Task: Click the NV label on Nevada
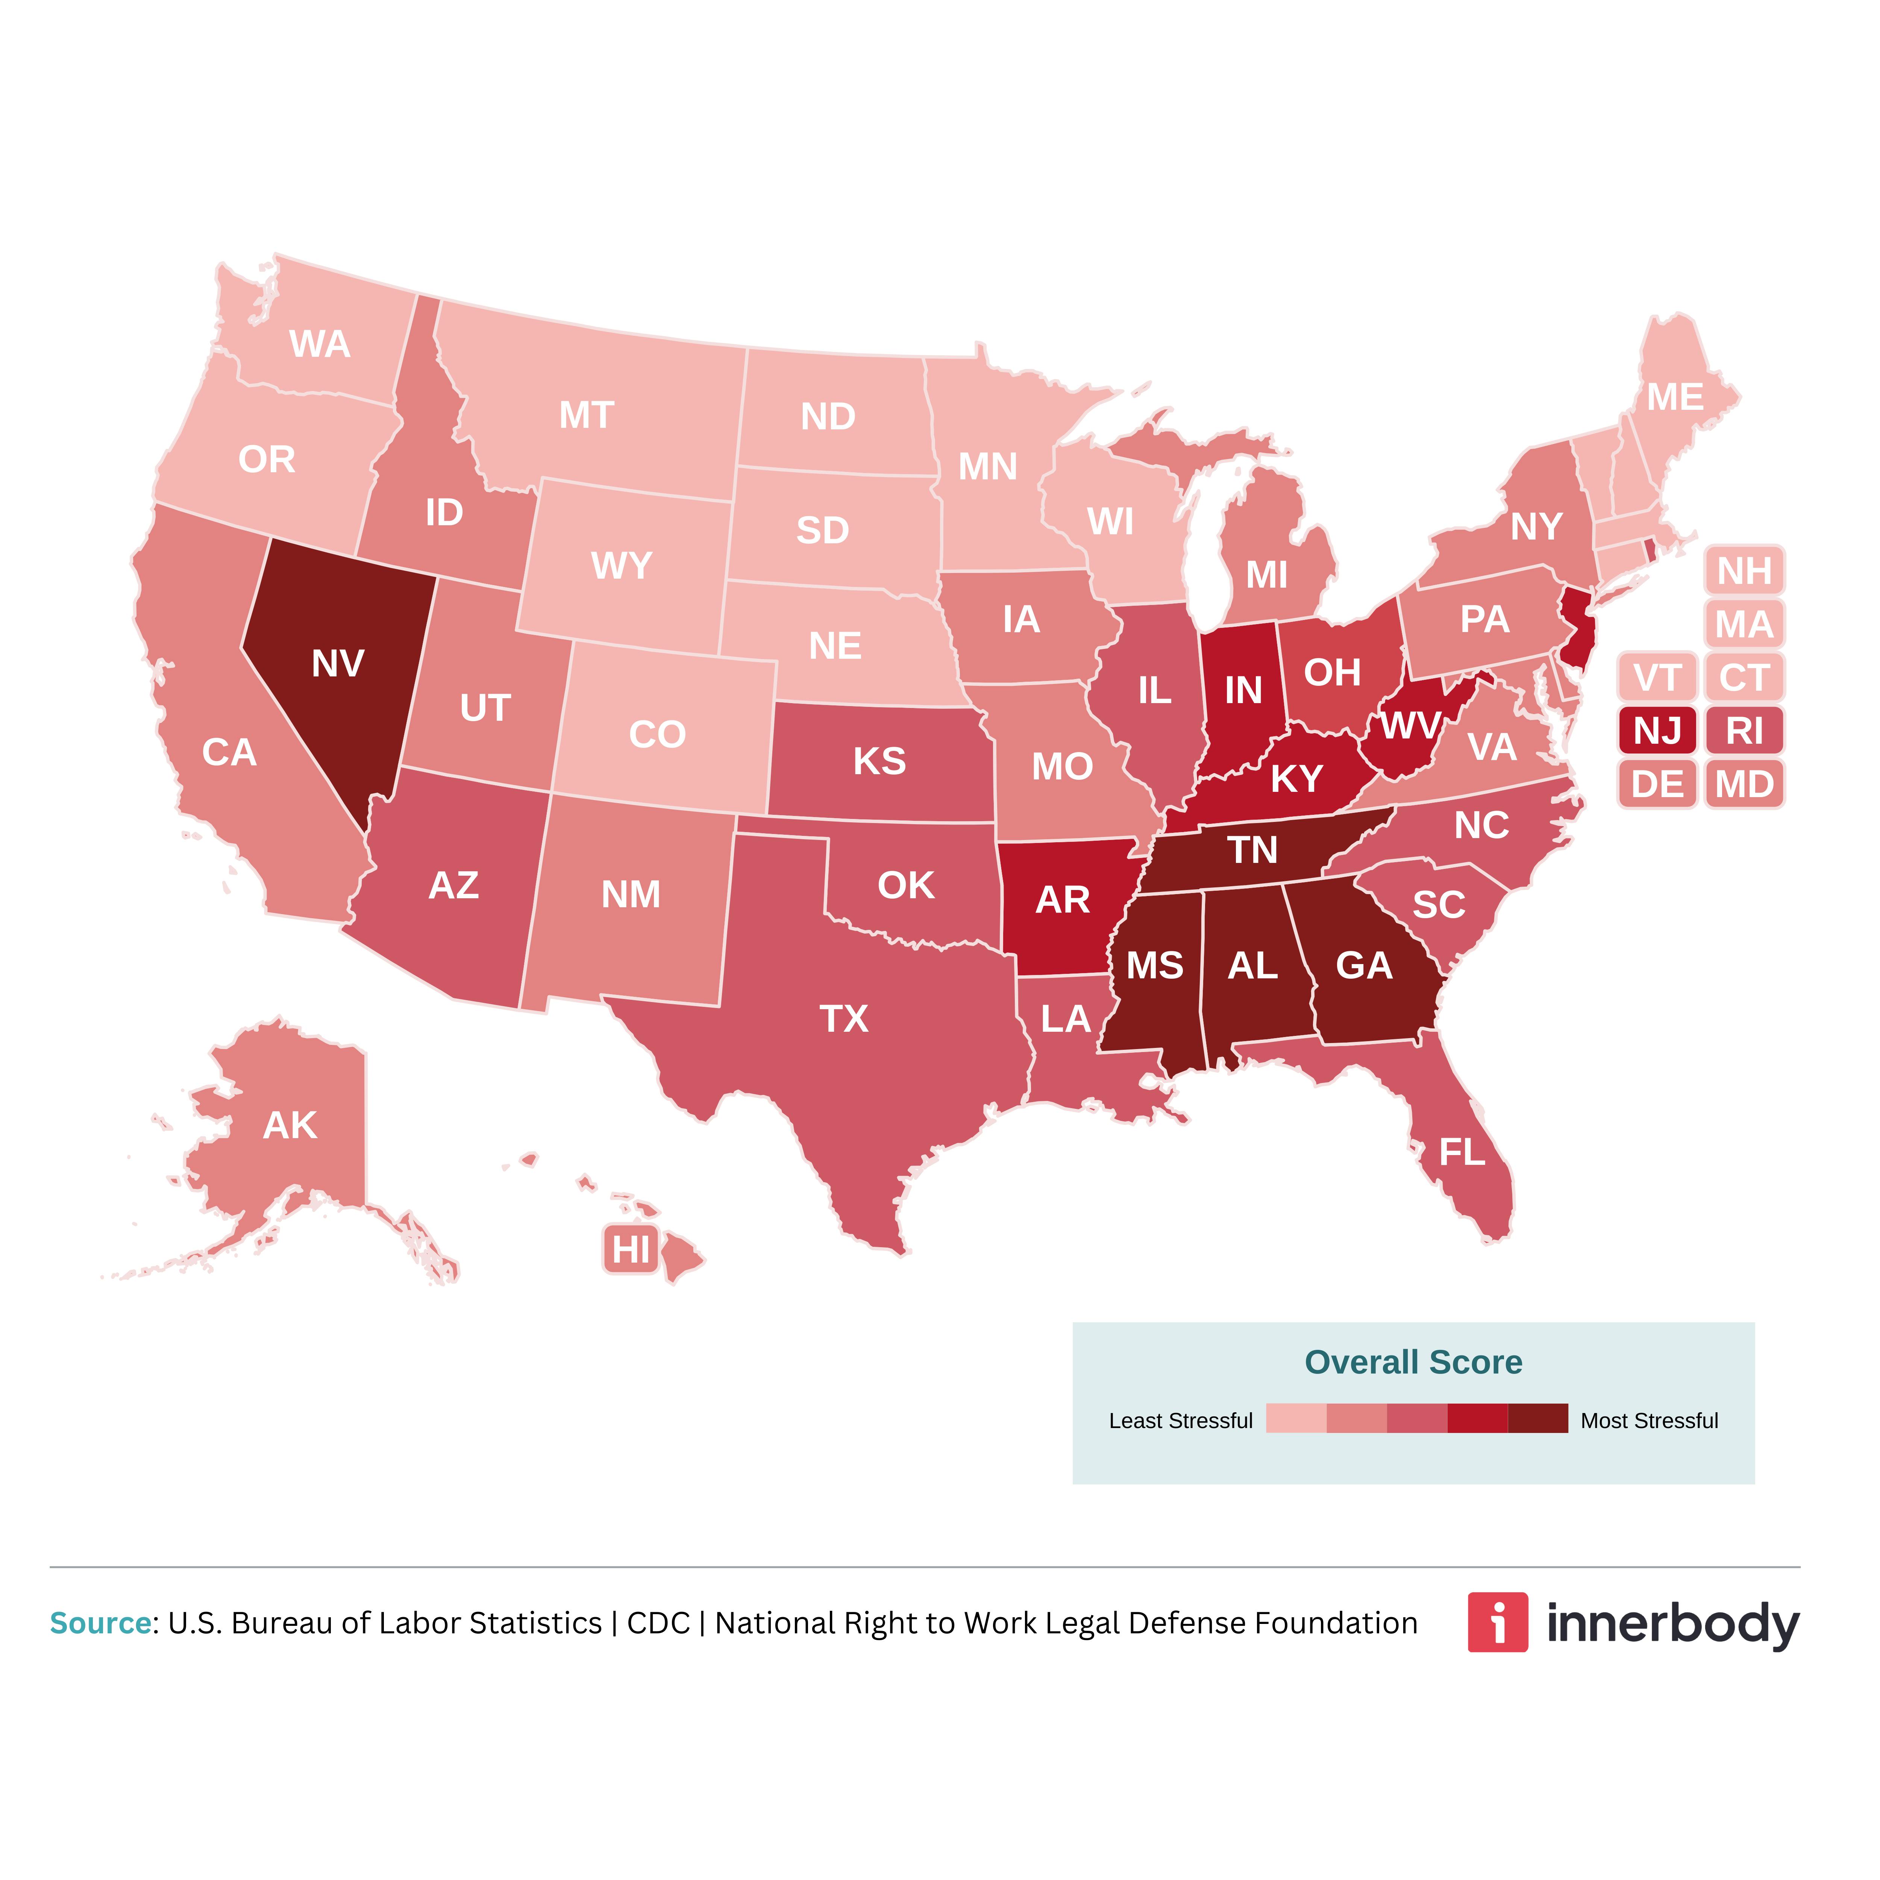click(338, 664)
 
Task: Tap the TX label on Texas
click(844, 1019)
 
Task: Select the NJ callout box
click(1657, 730)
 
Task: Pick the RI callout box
click(1745, 730)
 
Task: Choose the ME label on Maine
click(1675, 397)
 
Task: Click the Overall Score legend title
click(1413, 1362)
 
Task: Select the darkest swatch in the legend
click(1537, 1419)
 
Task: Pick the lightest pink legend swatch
click(1296, 1419)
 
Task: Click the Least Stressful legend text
click(1180, 1421)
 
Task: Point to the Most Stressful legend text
click(1650, 1421)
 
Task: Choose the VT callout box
click(1657, 677)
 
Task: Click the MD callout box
click(1745, 783)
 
